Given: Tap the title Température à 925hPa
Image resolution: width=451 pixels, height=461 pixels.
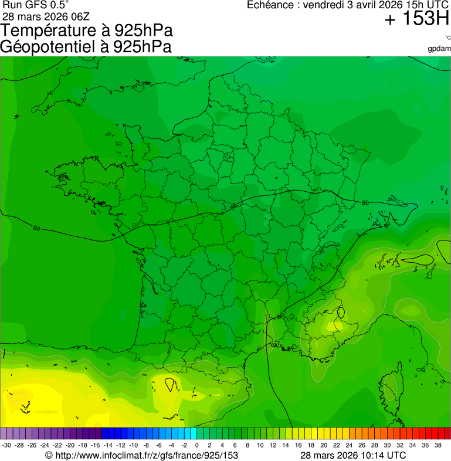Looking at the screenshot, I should pos(87,31).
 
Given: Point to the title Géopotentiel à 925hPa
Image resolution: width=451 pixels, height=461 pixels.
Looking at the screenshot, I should pos(86,47).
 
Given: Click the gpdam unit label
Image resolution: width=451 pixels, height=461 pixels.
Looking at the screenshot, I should pos(439,48).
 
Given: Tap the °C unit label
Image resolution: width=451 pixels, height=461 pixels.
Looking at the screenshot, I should pos(447,38).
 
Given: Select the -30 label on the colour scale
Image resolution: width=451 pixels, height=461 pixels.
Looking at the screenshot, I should pos(6,445).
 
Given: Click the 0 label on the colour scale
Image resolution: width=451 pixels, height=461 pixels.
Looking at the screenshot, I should pos(196,445).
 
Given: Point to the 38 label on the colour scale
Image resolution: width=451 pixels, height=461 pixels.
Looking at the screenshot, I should pos(438,445).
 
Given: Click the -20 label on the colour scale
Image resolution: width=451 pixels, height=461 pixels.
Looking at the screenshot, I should pos(70,445).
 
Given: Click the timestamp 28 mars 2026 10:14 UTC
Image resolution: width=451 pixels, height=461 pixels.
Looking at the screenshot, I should pos(353,455).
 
